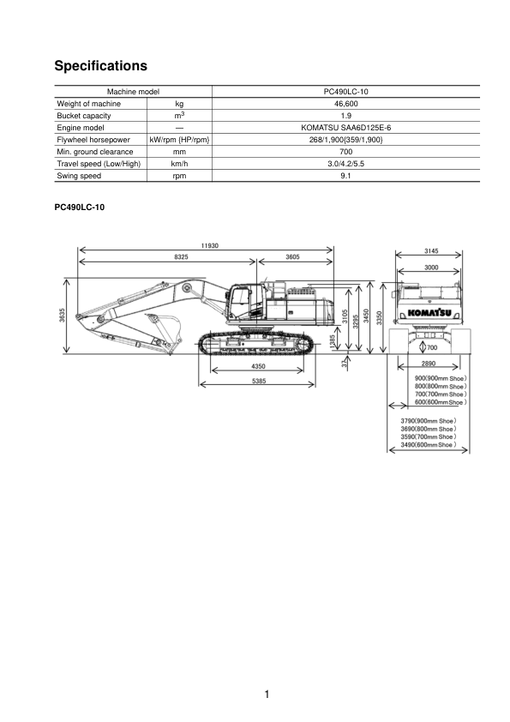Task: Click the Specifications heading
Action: [101, 66]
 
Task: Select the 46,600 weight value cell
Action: [345, 104]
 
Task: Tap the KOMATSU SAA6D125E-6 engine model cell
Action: [345, 128]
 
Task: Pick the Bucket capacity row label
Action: [84, 116]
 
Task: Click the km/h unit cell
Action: [179, 164]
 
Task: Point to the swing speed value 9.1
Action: [345, 176]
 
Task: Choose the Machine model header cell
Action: [133, 92]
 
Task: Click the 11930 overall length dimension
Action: [209, 245]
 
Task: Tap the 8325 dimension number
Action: [181, 257]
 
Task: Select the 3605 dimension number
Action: [292, 257]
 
